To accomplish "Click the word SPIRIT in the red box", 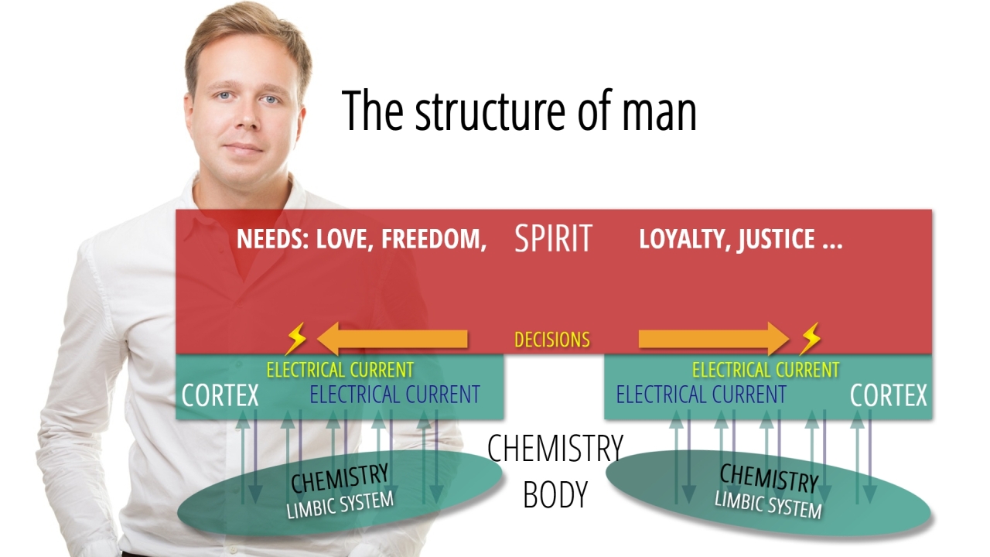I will pyautogui.click(x=553, y=238).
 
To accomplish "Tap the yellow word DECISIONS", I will pyautogui.click(x=552, y=340).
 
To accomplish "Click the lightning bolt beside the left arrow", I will pyautogui.click(x=295, y=339).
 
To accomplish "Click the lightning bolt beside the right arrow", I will pyautogui.click(x=810, y=339).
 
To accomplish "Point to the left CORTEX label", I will pyautogui.click(x=220, y=395).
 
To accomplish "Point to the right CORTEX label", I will pyautogui.click(x=888, y=395).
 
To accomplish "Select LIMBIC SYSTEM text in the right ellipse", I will pyautogui.click(x=768, y=504).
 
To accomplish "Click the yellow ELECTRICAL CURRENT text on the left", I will pyautogui.click(x=340, y=370).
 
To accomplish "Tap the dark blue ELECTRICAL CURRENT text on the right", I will pyautogui.click(x=701, y=395).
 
